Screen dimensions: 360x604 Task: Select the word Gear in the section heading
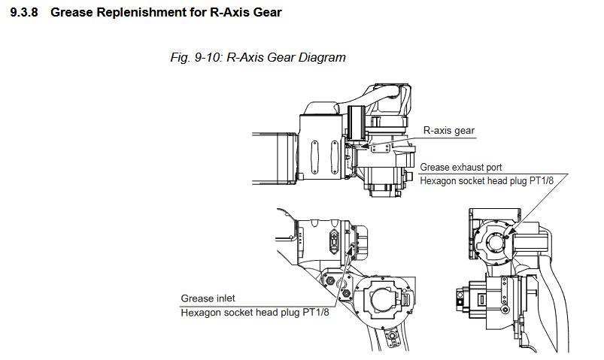click(265, 13)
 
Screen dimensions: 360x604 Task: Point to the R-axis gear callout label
click(448, 130)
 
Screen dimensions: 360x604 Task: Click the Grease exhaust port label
click(460, 167)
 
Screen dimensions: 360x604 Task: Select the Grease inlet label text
click(208, 298)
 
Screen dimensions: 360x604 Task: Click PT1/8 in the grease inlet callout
click(316, 313)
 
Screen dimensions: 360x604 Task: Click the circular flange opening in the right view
click(493, 241)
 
